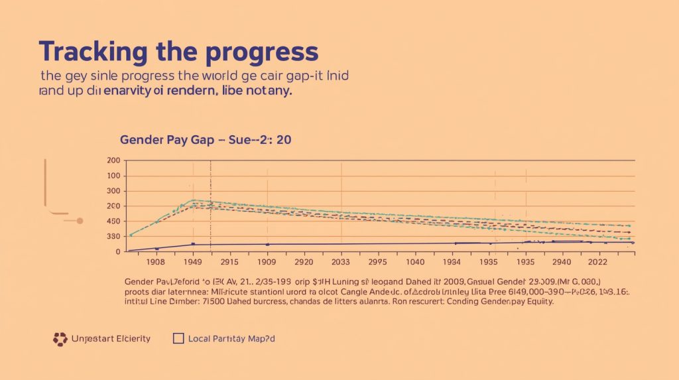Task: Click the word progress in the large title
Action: pyautogui.click(x=269, y=51)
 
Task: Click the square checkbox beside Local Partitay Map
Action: pyautogui.click(x=178, y=338)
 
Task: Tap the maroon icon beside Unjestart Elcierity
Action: pyautogui.click(x=60, y=339)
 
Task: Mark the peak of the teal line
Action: pyautogui.click(x=194, y=200)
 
